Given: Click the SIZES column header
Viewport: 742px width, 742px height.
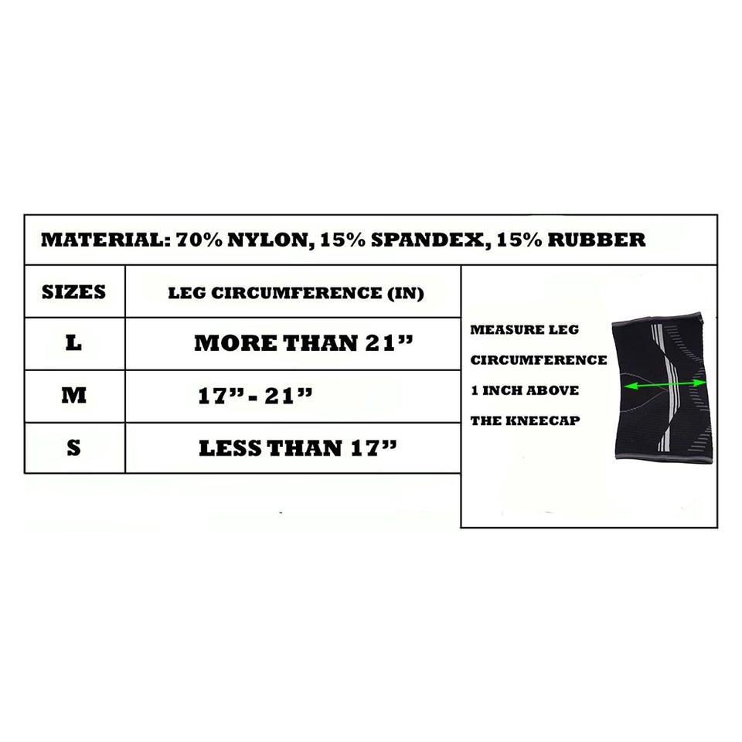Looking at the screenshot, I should pyautogui.click(x=73, y=292).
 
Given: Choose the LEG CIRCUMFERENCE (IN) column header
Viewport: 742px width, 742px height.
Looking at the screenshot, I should pyautogui.click(x=296, y=294).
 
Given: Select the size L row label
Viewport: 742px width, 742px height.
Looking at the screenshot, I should pyautogui.click(x=73, y=343).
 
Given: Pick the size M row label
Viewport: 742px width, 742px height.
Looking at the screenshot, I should pyautogui.click(x=73, y=396).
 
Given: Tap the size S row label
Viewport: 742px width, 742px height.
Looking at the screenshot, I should pyautogui.click(x=73, y=448).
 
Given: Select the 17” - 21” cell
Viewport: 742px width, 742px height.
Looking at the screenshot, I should pyautogui.click(x=256, y=397).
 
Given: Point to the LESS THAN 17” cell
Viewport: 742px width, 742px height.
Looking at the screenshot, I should pyautogui.click(x=298, y=448).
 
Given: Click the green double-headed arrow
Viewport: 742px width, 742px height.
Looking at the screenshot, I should pyautogui.click(x=665, y=383).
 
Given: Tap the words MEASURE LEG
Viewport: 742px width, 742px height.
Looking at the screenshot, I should pyautogui.click(x=524, y=330).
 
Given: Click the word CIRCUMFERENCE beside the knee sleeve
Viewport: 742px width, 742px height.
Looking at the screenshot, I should pyautogui.click(x=539, y=360).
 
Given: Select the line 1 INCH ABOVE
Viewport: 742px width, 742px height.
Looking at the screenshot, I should pyautogui.click(x=524, y=391).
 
